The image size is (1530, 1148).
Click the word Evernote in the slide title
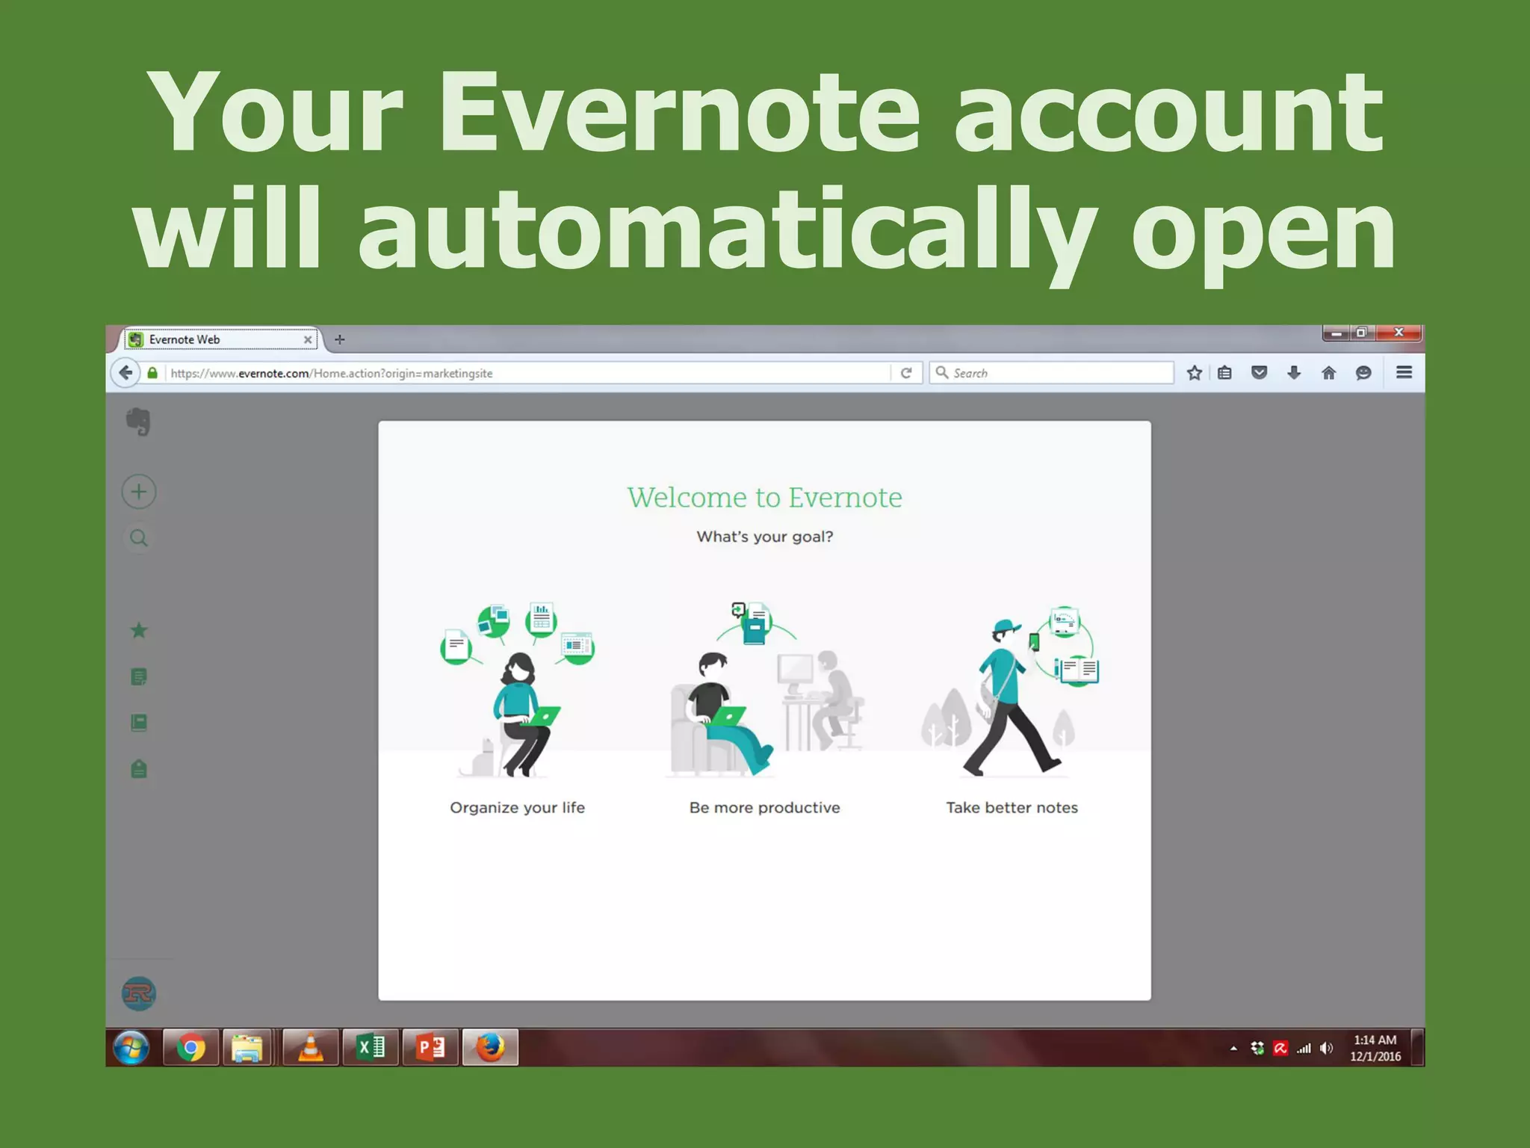pos(678,112)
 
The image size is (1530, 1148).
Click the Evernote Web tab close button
pos(308,339)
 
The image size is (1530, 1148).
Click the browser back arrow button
pos(126,372)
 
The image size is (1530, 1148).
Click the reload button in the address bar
pos(906,372)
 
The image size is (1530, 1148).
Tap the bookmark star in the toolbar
pos(1194,372)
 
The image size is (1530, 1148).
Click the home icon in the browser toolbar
pos(1328,372)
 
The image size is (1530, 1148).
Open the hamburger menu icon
pos(1404,372)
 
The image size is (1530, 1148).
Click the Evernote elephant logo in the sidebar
pos(138,422)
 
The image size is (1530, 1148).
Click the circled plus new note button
pos(139,492)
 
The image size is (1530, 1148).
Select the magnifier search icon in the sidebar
pos(139,538)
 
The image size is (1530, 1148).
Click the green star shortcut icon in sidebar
pos(139,631)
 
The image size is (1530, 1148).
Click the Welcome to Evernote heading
pos(764,498)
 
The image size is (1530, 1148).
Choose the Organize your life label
pos(517,807)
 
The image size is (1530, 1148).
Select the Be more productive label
pos(764,807)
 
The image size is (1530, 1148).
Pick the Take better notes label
pos(1012,807)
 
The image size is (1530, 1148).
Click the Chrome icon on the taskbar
pos(191,1048)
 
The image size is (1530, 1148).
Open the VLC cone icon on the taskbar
pos(310,1048)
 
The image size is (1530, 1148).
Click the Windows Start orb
pos(131,1048)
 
